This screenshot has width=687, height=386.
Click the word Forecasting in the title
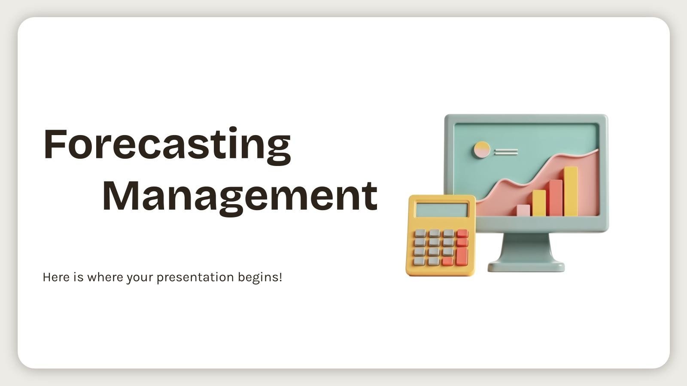(167, 146)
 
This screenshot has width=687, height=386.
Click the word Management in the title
(240, 198)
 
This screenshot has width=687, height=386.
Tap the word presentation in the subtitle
(195, 277)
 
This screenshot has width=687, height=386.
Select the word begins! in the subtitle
(260, 277)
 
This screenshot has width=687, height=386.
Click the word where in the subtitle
(105, 277)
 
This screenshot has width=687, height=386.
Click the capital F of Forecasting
(55, 144)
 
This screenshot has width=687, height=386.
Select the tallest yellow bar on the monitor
(571, 191)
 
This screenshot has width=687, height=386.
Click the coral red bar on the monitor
(556, 198)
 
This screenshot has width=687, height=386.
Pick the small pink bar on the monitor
(523, 211)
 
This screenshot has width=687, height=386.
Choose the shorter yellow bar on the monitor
(539, 203)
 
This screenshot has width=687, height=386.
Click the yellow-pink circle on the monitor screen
(481, 150)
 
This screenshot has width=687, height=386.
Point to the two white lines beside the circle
(506, 152)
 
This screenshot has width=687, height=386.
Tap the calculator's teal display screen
(442, 210)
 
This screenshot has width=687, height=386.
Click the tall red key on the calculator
(462, 256)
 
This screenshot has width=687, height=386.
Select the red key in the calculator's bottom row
(447, 261)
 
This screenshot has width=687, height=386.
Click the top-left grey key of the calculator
(420, 233)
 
